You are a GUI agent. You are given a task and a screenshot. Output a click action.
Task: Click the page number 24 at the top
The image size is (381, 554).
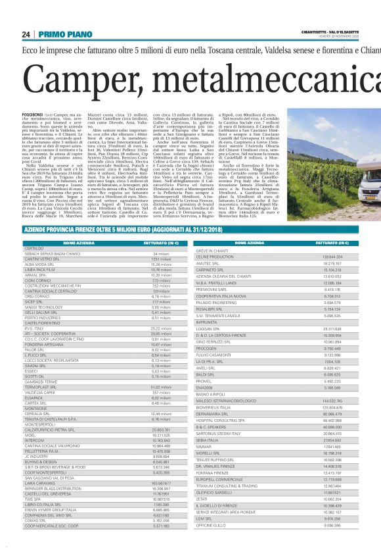pos(26,34)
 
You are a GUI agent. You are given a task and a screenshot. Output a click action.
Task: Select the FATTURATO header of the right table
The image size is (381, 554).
pos(326,243)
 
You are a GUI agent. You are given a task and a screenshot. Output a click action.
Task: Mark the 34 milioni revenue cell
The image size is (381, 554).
pos(161,253)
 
